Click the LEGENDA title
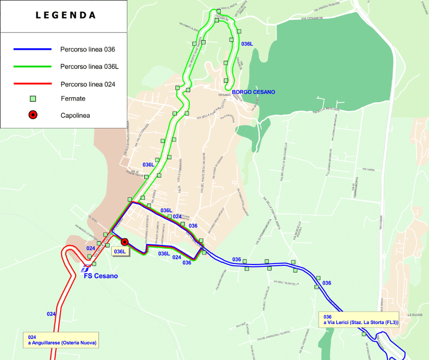coord(66,15)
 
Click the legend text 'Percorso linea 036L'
coord(89,67)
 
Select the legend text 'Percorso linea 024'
coord(88,84)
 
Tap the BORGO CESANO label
coord(253,92)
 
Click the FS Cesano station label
coord(100,276)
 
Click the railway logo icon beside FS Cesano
coord(85,268)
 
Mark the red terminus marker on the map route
coord(125,242)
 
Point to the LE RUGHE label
coord(415,315)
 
